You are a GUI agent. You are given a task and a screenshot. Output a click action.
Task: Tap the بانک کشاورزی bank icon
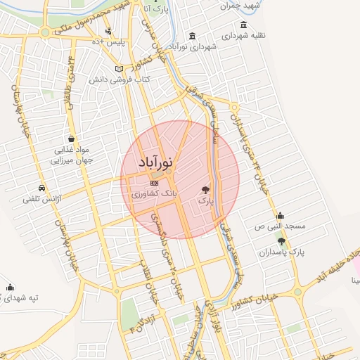[155, 184]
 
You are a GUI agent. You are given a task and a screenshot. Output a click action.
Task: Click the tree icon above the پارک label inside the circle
[205, 189]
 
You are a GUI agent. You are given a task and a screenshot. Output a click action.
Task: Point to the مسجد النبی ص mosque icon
[280, 216]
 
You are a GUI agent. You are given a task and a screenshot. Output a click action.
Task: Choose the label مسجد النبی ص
[280, 227]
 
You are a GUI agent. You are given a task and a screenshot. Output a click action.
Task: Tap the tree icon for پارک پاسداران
[282, 241]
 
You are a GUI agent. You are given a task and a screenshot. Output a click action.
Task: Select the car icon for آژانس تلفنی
[43, 188]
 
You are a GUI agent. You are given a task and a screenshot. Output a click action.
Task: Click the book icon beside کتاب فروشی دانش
[119, 68]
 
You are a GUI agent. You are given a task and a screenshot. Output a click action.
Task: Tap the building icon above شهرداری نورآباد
[192, 37]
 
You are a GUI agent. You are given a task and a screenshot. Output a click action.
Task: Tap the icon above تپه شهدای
[10, 287]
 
